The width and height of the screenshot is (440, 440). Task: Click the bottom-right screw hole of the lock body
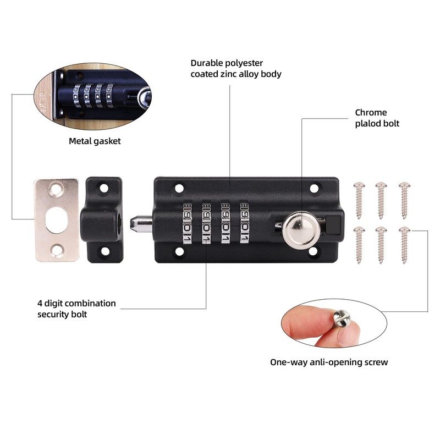(x=314, y=251)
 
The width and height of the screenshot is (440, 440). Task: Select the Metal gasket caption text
(x=95, y=141)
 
